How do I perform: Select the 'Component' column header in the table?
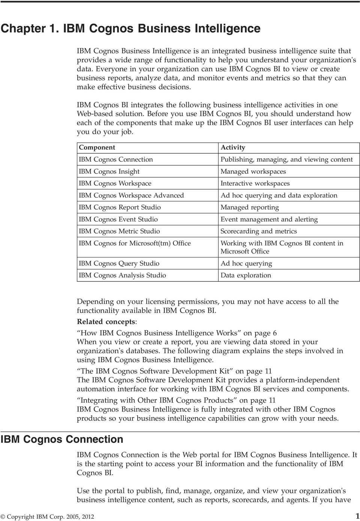point(97,148)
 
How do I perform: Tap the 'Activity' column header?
point(233,148)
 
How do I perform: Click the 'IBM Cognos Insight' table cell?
point(109,172)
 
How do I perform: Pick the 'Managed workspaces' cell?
point(253,172)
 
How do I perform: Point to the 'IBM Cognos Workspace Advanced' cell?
point(131,196)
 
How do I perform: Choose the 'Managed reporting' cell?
point(250,208)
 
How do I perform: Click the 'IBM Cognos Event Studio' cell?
point(118,220)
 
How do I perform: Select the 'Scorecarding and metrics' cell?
point(259,232)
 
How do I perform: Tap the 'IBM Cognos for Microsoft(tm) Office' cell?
point(135,244)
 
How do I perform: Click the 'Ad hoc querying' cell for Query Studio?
point(246,263)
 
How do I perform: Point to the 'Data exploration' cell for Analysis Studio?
point(246,275)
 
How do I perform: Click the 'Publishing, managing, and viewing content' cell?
point(286,160)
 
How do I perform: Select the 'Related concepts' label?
point(106,322)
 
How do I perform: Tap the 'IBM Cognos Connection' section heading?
point(62,439)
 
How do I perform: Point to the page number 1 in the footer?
point(357,516)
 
